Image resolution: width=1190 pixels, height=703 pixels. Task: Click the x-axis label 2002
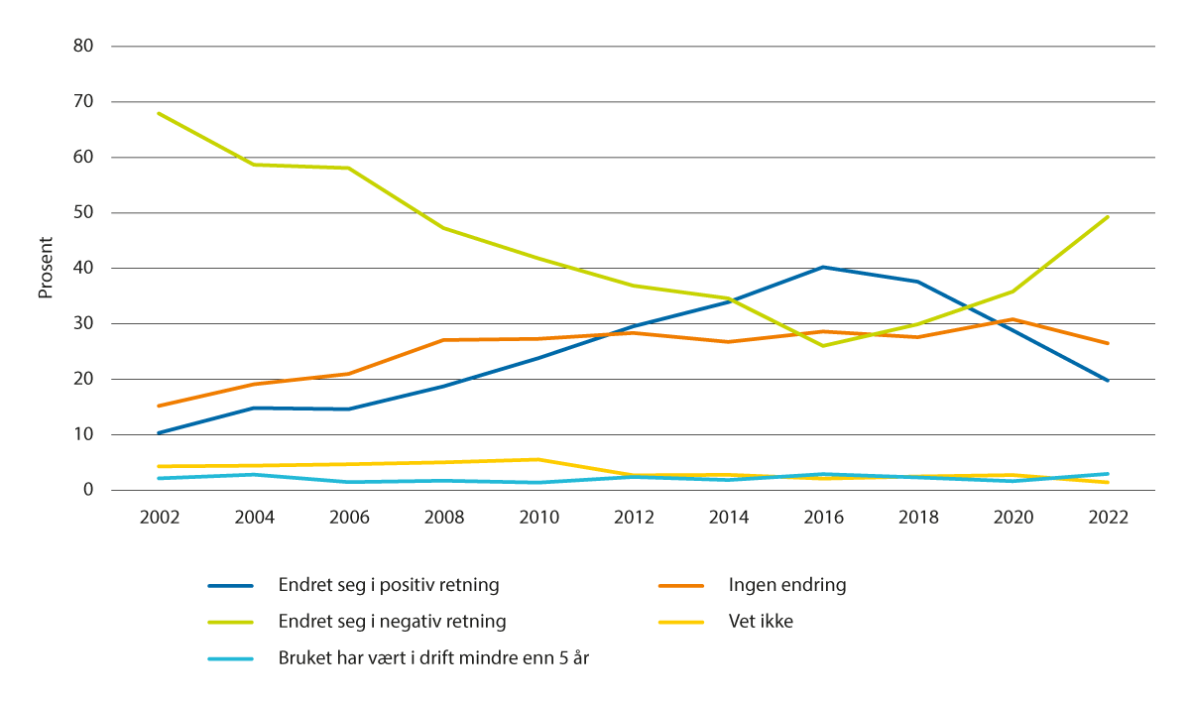pyautogui.click(x=160, y=518)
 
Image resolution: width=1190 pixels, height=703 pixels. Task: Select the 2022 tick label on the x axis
pyautogui.click(x=1109, y=518)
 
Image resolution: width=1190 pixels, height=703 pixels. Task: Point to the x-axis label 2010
pyautogui.click(x=539, y=518)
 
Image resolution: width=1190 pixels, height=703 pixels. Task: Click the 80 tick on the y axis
pyautogui.click(x=83, y=46)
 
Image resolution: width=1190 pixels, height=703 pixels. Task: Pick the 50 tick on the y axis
pyautogui.click(x=83, y=212)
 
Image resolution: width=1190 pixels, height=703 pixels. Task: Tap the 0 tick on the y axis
pyautogui.click(x=88, y=490)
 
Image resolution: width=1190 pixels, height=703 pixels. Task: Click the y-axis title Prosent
pyautogui.click(x=45, y=268)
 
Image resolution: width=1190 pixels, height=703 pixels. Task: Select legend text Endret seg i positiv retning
pyautogui.click(x=389, y=585)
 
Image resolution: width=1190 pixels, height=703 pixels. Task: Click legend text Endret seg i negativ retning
pyautogui.click(x=393, y=622)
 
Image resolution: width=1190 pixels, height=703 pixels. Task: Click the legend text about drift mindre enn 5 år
pyautogui.click(x=433, y=659)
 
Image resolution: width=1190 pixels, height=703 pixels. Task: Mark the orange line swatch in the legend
pyautogui.click(x=681, y=585)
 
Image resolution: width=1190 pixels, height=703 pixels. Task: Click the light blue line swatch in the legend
pyautogui.click(x=231, y=659)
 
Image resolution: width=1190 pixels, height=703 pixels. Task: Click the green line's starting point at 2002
pyautogui.click(x=160, y=113)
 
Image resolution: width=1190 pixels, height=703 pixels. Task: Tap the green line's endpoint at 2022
pyautogui.click(x=1109, y=216)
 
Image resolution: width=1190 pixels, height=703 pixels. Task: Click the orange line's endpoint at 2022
pyautogui.click(x=1109, y=343)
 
